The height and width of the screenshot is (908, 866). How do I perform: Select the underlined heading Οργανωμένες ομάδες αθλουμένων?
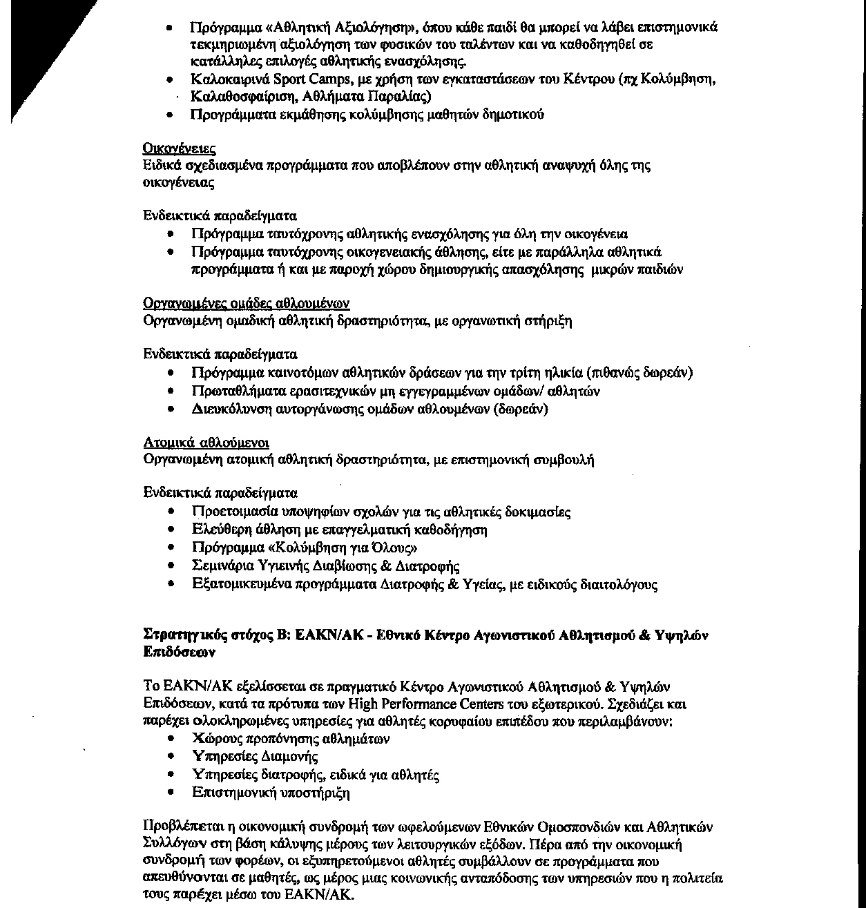tap(246, 304)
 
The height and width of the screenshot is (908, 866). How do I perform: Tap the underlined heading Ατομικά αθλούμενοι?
tap(206, 442)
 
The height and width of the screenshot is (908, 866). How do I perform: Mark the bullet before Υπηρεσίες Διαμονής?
tap(171, 757)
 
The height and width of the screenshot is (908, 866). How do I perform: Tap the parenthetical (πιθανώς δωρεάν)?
tap(639, 373)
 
